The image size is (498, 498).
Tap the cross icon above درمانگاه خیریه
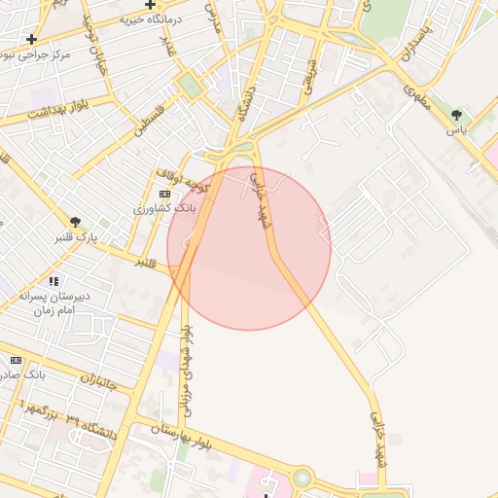(x=151, y=4)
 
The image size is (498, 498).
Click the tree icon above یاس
(x=456, y=116)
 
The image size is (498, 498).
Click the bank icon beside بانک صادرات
(x=16, y=360)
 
